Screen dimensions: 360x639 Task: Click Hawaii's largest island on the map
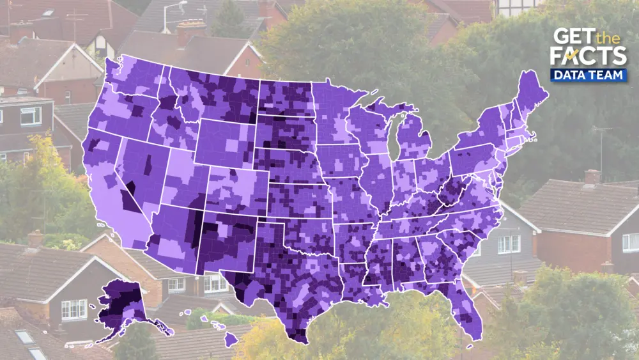tap(231, 339)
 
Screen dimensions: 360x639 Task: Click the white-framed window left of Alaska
tap(73, 309)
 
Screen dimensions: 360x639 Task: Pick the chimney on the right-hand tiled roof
tap(592, 176)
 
